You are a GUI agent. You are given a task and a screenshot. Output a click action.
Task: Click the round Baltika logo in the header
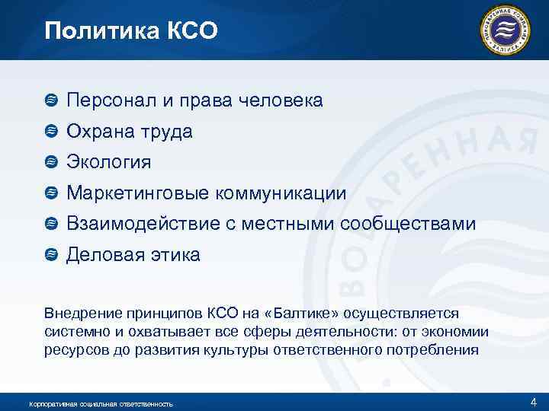pos(504,30)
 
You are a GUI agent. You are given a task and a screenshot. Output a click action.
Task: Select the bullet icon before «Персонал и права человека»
pos(51,100)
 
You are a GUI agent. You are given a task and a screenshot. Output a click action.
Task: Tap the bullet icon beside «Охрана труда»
pos(51,131)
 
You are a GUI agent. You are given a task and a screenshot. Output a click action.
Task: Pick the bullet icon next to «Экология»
pos(51,162)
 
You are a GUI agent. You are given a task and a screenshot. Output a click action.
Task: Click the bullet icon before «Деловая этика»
pos(51,254)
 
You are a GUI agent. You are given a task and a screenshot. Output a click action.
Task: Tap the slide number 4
pos(533,401)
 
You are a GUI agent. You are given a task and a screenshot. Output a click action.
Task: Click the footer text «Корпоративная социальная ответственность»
pos(100,403)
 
